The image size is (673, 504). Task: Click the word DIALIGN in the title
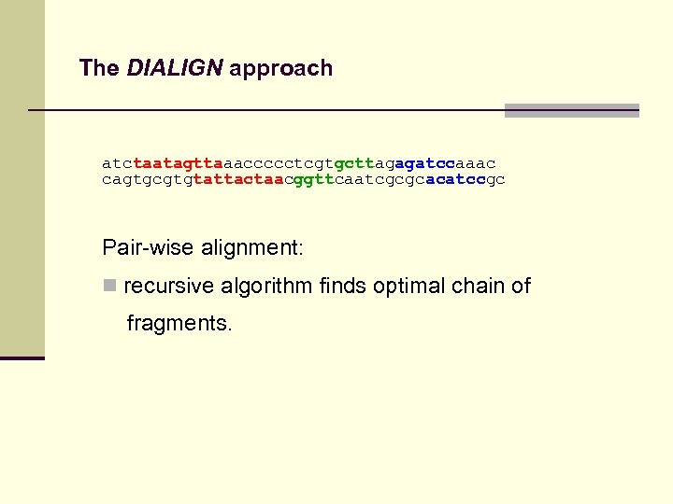point(175,68)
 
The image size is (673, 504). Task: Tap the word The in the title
point(99,68)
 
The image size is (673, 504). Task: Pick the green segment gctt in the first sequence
point(354,163)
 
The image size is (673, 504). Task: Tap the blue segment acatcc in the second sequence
point(455,179)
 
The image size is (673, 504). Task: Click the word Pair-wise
point(148,248)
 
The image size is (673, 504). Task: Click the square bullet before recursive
point(109,286)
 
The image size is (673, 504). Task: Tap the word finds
point(342,286)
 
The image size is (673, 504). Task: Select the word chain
point(480,286)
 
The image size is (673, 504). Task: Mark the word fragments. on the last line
point(179,323)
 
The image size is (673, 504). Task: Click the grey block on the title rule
point(571,110)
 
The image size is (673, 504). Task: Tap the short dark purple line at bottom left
point(22,357)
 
